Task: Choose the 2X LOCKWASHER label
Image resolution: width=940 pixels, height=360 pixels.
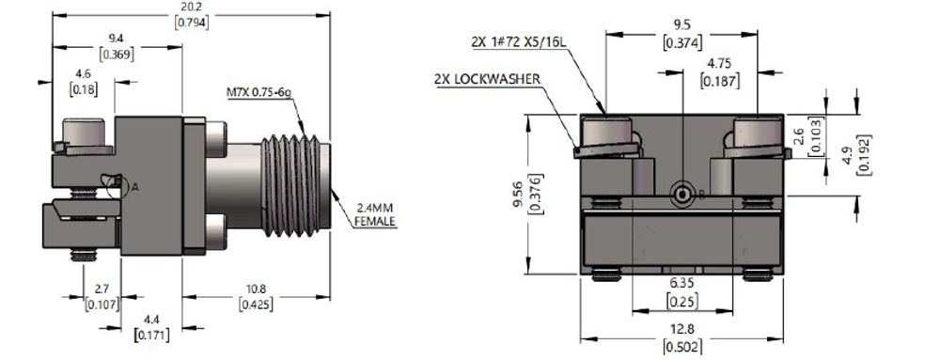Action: coord(487,80)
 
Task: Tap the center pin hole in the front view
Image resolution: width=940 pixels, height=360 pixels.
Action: coord(679,194)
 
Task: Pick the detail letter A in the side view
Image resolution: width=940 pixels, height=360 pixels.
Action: coord(134,187)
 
